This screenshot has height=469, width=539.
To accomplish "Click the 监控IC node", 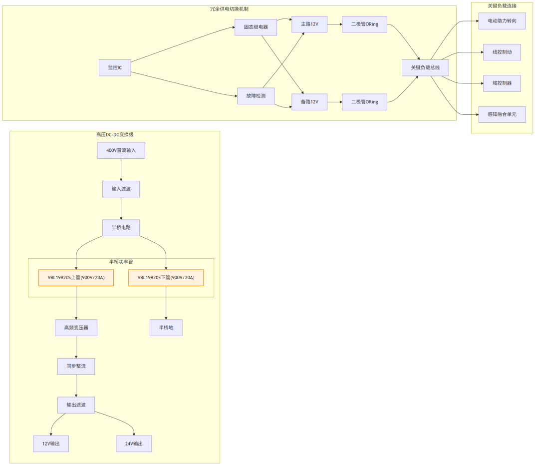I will [x=115, y=67].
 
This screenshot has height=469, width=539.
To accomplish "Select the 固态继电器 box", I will [x=256, y=27].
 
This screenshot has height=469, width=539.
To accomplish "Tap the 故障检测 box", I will [x=256, y=96].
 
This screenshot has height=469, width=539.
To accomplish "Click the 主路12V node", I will [x=309, y=24].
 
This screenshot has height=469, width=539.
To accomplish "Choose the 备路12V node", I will [x=309, y=102].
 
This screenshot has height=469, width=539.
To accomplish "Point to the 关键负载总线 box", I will [x=426, y=67].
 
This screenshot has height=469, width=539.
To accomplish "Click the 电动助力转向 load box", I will [x=502, y=21].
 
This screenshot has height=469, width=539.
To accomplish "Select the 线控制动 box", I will [x=502, y=52].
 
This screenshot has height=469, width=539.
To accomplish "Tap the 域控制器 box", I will [x=502, y=83].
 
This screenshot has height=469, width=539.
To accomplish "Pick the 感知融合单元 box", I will [x=502, y=114].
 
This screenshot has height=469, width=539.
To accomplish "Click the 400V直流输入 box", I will [x=121, y=150].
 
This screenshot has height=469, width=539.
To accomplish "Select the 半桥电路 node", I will [x=121, y=228].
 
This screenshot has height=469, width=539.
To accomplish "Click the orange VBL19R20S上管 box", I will [x=76, y=277].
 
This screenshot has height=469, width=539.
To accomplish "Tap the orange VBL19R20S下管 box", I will [x=166, y=277].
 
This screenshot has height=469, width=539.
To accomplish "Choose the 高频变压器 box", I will [x=76, y=328].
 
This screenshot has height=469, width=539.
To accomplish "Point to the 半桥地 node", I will [x=166, y=328].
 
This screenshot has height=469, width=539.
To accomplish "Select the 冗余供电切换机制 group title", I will [x=229, y=9].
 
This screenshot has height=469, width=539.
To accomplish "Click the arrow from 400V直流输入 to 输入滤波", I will [x=121, y=170].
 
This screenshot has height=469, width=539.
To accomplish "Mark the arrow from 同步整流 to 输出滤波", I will [x=76, y=386].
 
